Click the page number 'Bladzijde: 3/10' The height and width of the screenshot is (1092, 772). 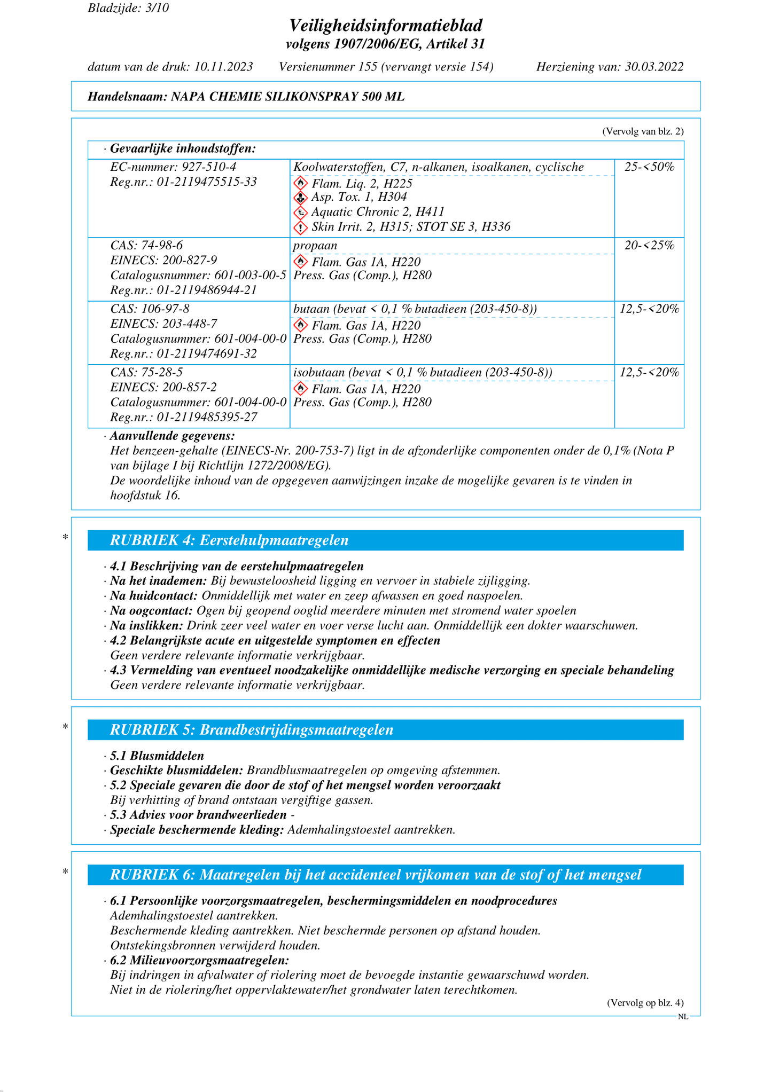coord(128,8)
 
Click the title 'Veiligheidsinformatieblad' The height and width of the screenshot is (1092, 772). coord(386,25)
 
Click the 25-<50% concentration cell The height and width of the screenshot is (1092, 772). coord(649,167)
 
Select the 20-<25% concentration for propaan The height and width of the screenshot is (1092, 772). coord(649,246)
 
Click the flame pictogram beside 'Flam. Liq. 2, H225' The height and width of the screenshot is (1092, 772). coord(301,183)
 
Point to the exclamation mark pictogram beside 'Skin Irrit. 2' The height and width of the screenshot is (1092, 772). coord(301,227)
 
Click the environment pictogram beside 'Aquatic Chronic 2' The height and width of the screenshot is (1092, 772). coord(301,213)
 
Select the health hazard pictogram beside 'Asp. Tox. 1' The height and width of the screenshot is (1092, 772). coord(301,198)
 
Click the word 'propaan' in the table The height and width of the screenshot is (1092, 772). coord(315,246)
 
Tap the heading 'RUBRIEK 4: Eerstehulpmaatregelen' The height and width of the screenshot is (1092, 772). coord(229,540)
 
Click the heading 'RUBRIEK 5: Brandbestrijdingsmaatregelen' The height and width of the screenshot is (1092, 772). coord(252,730)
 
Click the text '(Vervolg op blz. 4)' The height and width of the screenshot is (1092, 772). coord(645,1003)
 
